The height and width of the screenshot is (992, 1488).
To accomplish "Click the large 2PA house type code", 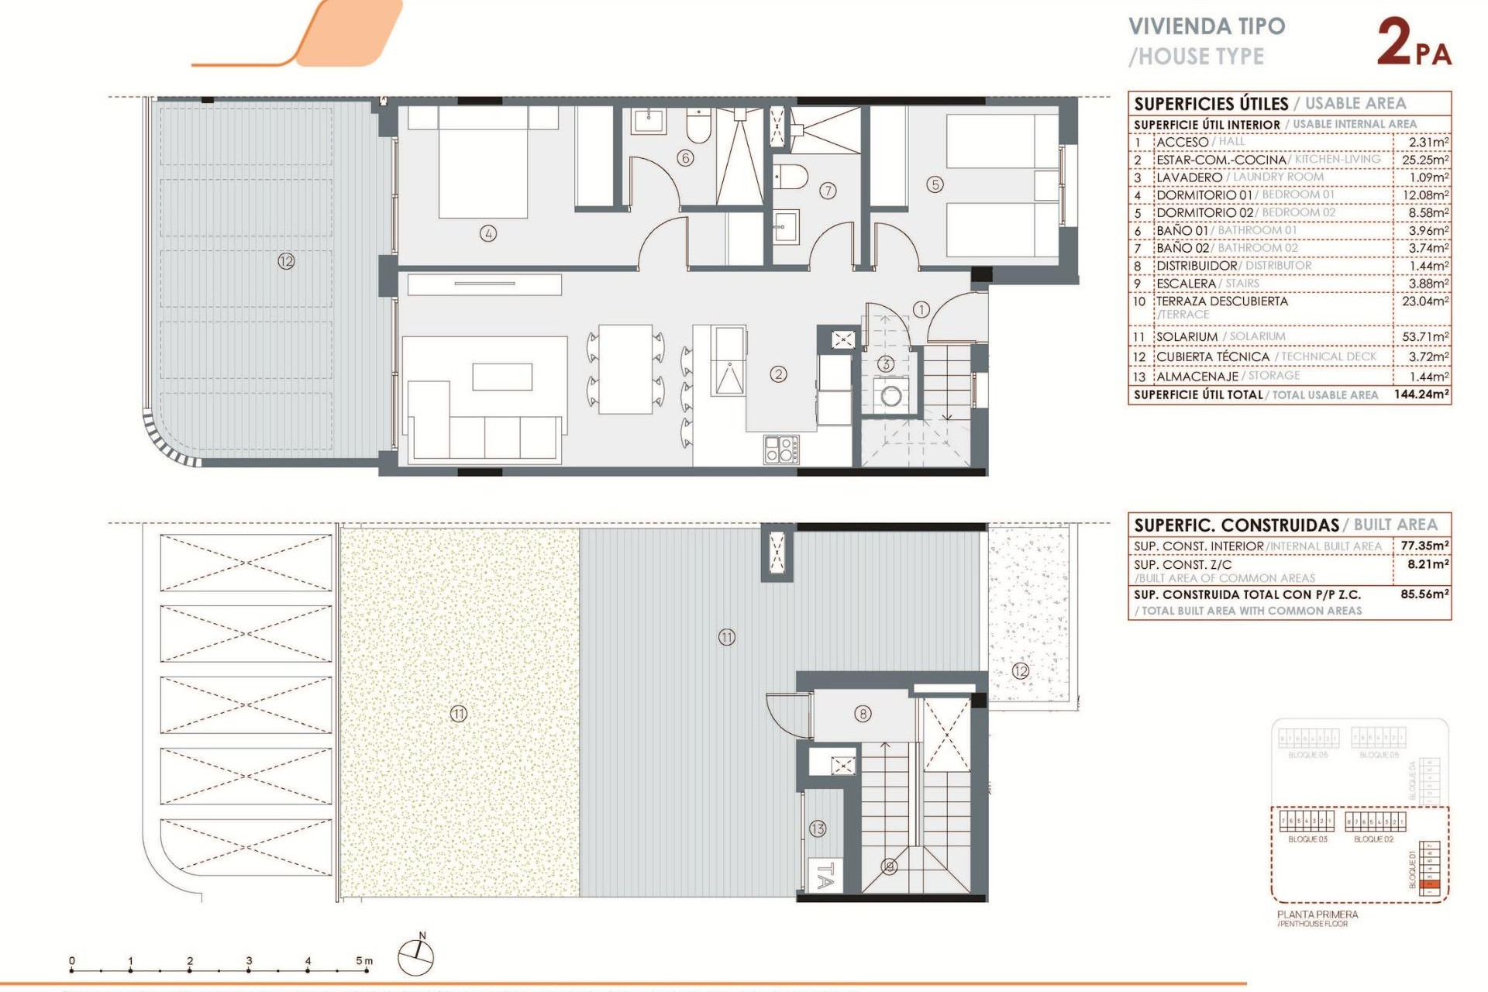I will click(x=1413, y=43).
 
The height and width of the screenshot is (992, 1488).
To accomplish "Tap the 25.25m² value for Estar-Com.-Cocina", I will click(x=1425, y=160).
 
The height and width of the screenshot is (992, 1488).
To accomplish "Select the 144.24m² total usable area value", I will click(x=1421, y=394).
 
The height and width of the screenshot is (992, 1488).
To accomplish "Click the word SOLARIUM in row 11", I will click(x=1187, y=337).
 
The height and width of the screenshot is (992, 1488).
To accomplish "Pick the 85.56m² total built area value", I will click(x=1424, y=594).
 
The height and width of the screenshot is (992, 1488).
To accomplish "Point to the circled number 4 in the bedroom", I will click(x=487, y=233).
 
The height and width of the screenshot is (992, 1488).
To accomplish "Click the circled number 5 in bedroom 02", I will click(x=935, y=184).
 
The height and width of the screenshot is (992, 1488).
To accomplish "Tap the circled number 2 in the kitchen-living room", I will click(x=778, y=374).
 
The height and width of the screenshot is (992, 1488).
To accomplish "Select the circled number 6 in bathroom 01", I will click(x=685, y=158).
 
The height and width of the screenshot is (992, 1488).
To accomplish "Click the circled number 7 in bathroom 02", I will click(x=828, y=191).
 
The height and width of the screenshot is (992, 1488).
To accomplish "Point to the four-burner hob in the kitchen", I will click(x=781, y=449).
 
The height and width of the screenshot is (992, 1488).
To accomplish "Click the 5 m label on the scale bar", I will click(x=364, y=961).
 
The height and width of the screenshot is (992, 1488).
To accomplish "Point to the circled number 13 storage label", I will click(x=818, y=828).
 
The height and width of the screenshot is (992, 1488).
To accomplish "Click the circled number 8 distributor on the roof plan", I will click(x=863, y=714).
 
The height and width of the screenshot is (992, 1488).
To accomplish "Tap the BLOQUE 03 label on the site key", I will click(x=1307, y=839).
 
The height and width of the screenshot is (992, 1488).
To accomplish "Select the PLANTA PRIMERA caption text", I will click(x=1317, y=914).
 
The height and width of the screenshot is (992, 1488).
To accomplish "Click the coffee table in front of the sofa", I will click(x=502, y=377).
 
